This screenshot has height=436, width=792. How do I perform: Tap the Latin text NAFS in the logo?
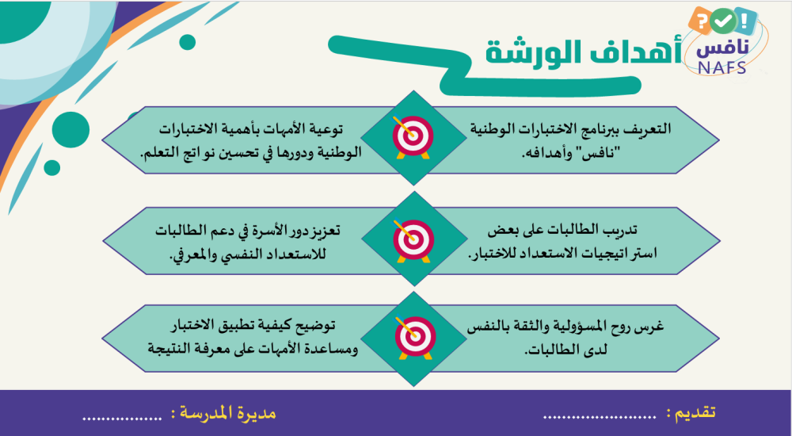tap(723, 67)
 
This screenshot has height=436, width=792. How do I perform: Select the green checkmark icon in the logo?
tap(723, 21)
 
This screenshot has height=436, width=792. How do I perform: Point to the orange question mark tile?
tap(701, 21)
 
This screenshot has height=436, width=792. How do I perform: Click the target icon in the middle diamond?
tap(413, 239)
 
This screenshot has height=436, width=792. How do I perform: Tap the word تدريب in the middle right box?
tap(619, 230)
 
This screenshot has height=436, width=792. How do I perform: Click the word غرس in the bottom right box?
tap(652, 327)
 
